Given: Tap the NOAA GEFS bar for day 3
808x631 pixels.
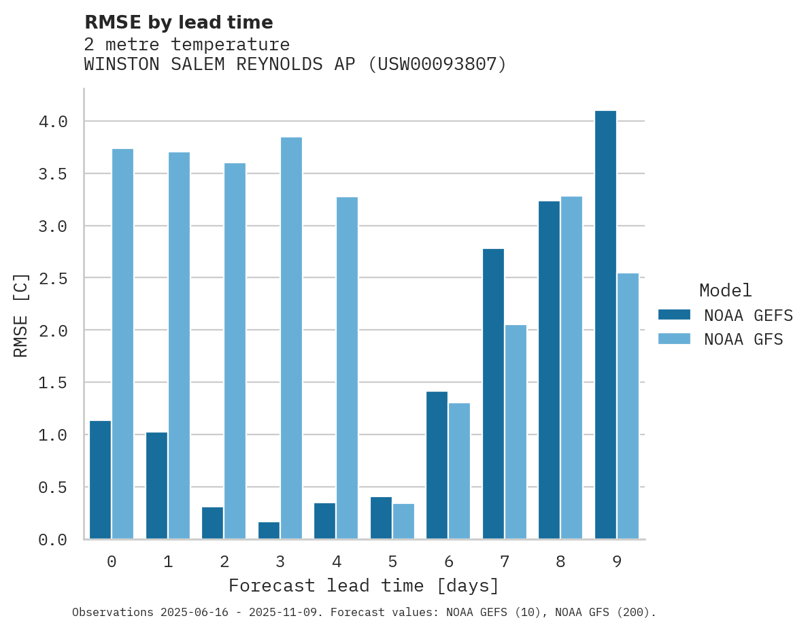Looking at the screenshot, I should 269,530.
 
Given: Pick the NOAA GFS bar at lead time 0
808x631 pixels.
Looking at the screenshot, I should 122,343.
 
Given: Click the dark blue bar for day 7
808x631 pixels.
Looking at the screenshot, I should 493,394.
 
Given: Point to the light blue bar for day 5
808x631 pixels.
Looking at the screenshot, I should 403,522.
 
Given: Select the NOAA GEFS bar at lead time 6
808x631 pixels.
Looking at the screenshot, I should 437,465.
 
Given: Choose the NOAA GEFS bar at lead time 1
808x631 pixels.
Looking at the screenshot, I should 156,485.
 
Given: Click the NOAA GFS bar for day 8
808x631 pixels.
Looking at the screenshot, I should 571,367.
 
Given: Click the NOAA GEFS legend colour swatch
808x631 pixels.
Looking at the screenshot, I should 674,315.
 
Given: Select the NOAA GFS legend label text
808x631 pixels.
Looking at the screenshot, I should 743,339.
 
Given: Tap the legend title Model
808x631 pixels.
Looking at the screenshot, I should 725,290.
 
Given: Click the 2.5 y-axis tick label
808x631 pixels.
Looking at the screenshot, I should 53,278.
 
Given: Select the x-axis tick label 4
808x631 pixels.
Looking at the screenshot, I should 337,562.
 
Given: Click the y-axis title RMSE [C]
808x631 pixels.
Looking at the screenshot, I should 21,314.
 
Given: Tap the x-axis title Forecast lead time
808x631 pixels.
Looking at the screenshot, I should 364,585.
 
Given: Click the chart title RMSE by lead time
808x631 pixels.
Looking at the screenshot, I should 178,22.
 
